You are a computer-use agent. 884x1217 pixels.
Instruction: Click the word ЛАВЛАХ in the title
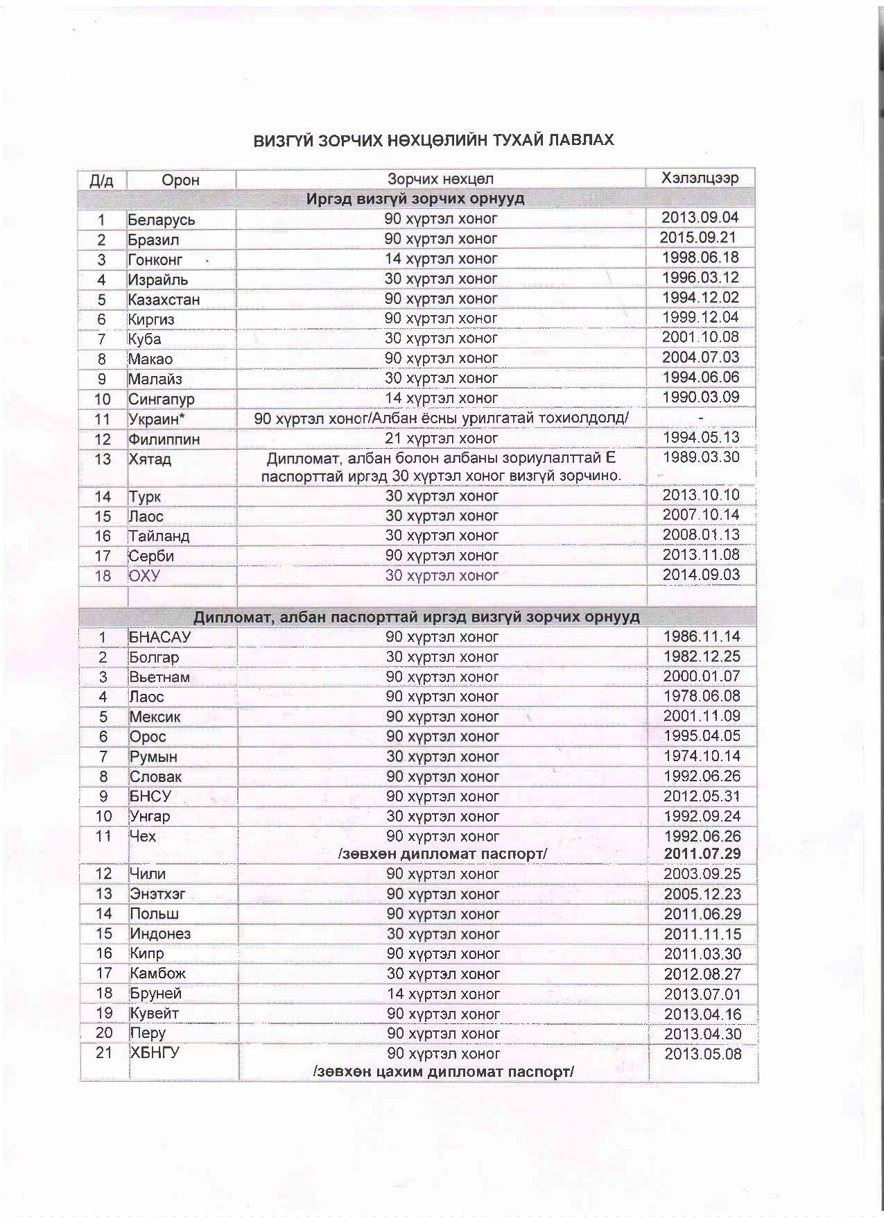[x=580, y=140]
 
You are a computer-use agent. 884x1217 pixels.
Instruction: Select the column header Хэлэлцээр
[x=700, y=178]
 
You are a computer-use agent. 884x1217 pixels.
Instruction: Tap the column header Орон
[x=180, y=180]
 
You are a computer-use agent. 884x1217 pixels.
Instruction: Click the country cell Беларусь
[x=162, y=220]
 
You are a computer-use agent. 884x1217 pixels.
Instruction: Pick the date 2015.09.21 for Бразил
[x=697, y=237]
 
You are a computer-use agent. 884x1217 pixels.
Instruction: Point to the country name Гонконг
[x=155, y=259]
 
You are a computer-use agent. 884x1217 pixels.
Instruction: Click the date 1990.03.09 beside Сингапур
[x=701, y=398]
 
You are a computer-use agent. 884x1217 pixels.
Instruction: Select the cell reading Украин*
[x=157, y=419]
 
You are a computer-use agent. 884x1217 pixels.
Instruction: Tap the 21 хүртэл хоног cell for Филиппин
[x=442, y=439]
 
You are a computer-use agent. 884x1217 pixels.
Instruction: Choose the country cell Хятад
[x=150, y=459]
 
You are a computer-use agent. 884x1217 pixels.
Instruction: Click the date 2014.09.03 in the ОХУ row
[x=701, y=575]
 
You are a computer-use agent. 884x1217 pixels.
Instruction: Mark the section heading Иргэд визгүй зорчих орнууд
[x=415, y=199]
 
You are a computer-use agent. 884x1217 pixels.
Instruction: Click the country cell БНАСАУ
[x=159, y=637]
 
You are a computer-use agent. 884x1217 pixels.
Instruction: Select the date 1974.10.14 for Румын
[x=702, y=756]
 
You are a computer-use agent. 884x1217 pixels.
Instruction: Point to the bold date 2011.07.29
[x=702, y=853]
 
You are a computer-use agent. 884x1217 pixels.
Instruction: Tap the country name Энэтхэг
[x=157, y=894]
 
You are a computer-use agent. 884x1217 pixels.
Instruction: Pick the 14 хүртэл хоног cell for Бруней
[x=443, y=994]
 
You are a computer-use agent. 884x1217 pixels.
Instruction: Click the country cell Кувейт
[x=155, y=1013]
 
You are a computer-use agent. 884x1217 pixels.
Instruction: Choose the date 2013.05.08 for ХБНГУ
[x=702, y=1054]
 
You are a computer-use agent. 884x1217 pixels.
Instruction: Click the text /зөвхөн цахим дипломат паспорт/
[x=443, y=1072]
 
